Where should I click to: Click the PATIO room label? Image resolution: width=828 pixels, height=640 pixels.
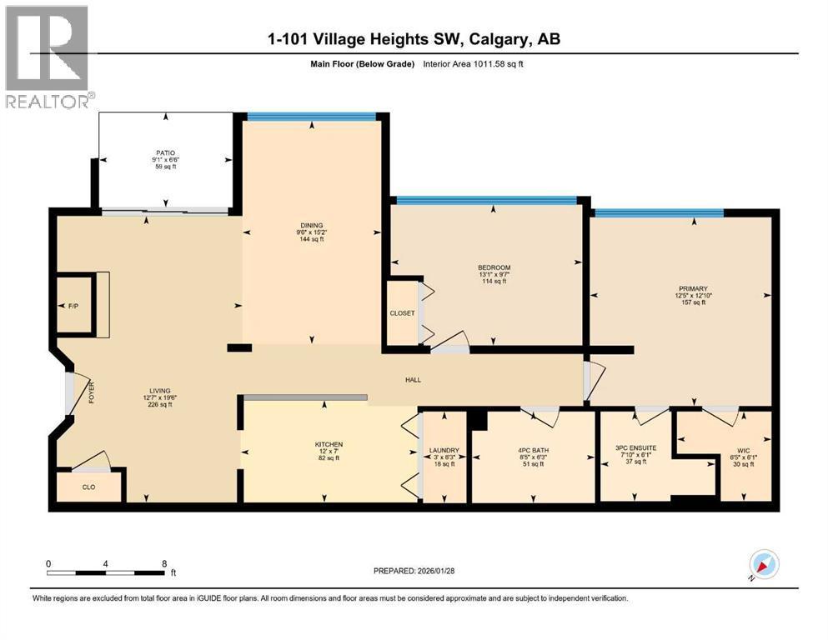(x=164, y=152)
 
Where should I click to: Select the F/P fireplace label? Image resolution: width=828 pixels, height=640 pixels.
(x=73, y=307)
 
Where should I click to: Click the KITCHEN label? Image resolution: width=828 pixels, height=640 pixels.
(x=329, y=444)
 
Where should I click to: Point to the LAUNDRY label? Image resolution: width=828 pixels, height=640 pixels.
(x=444, y=451)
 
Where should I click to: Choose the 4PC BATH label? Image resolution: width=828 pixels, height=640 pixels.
(x=533, y=451)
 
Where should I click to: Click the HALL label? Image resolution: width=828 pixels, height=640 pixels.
(x=413, y=380)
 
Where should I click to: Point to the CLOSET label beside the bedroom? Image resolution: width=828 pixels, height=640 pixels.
(x=402, y=314)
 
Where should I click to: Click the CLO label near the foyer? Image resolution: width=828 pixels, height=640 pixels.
(x=88, y=487)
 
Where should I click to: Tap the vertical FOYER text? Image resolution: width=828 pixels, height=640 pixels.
(x=93, y=392)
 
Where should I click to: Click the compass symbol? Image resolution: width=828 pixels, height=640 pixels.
(x=764, y=565)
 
